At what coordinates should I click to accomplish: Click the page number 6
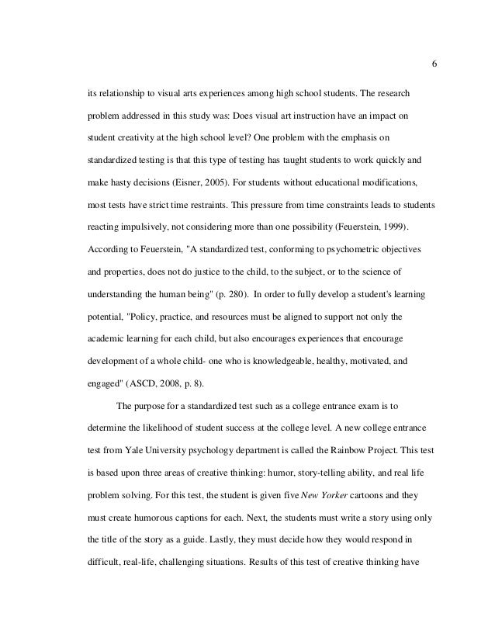pyautogui.click(x=433, y=64)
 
